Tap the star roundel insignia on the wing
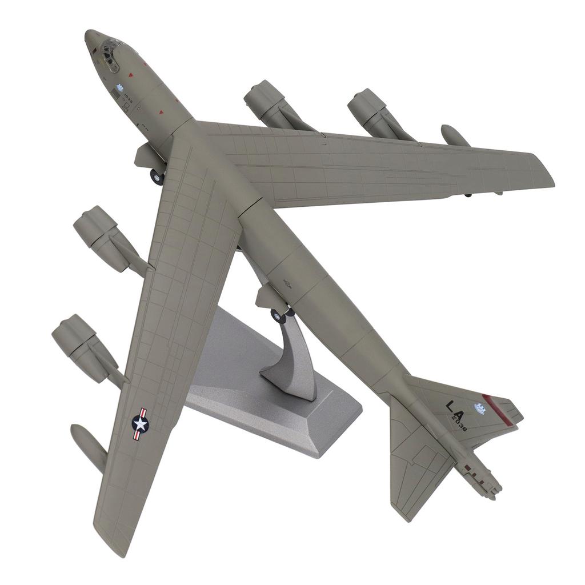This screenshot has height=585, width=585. coord(140,423)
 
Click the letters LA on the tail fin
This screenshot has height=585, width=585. coord(456,407)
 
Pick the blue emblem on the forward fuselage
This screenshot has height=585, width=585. coord(120,88)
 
